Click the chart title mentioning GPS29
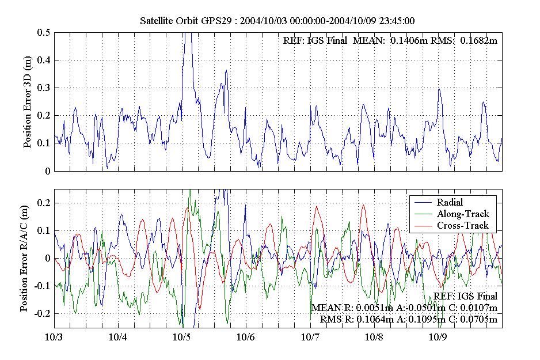[278, 21]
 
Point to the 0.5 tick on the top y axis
[44, 32]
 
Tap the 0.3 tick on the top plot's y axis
[44, 88]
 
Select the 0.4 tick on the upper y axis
[44, 60]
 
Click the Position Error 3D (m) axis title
[28, 102]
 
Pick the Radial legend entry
[450, 202]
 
